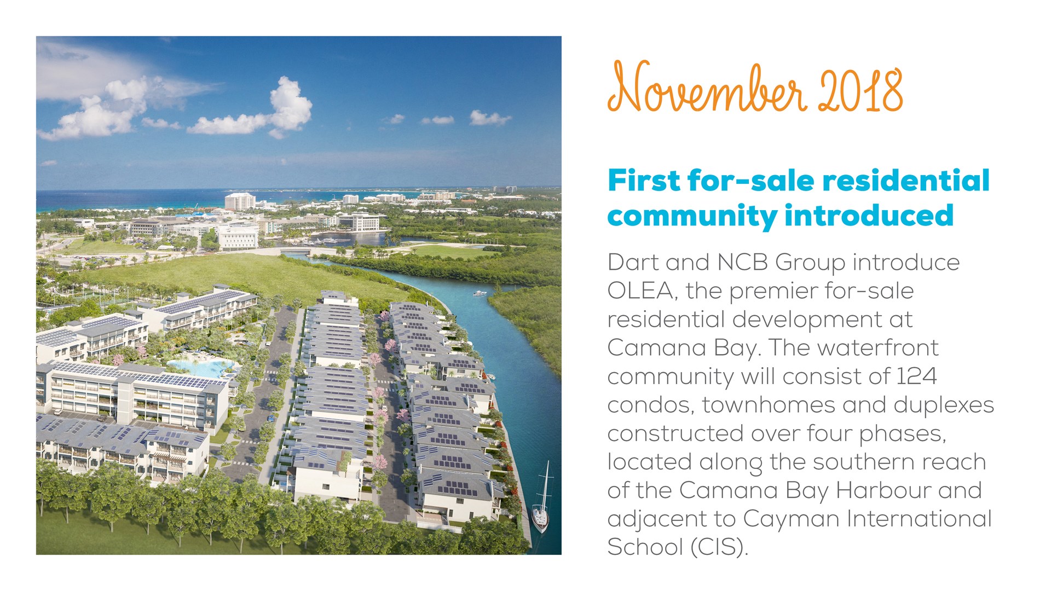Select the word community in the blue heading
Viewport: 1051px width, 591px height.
(x=692, y=217)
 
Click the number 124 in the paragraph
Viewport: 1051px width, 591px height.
(x=916, y=376)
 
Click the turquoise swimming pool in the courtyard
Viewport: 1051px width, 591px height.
(x=201, y=366)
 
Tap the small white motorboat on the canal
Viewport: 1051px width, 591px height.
(x=480, y=294)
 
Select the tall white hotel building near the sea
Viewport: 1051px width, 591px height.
(x=240, y=201)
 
